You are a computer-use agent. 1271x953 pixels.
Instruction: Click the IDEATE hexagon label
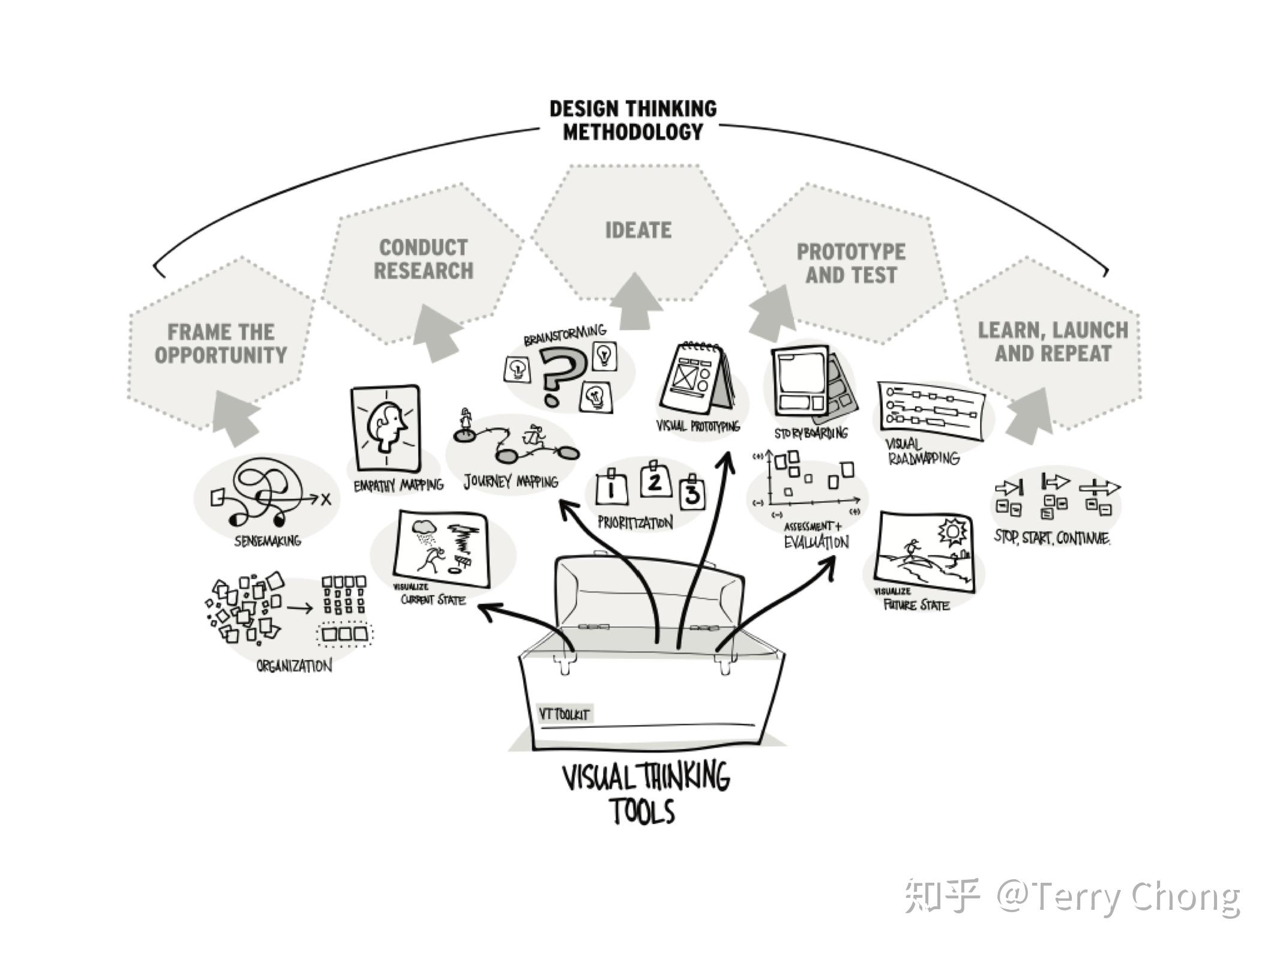638,230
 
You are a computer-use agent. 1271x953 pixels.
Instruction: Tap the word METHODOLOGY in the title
632,132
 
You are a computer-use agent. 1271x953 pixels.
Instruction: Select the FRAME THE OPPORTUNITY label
221,343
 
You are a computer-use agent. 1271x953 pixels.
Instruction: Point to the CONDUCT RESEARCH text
424,259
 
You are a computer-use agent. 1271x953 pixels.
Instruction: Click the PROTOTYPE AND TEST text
851,263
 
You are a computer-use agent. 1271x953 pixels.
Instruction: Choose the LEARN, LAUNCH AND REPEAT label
1053,341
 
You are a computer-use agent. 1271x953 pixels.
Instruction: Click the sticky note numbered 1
611,489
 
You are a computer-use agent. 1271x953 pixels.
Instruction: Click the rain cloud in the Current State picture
425,529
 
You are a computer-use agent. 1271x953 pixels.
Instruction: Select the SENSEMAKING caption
268,541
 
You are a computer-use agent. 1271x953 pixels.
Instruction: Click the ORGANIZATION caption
294,666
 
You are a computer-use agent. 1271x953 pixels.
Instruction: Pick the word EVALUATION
817,543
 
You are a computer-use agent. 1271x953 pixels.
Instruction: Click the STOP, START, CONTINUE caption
1052,538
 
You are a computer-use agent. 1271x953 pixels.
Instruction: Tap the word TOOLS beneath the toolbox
643,811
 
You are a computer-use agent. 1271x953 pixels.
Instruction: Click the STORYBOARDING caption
811,433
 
